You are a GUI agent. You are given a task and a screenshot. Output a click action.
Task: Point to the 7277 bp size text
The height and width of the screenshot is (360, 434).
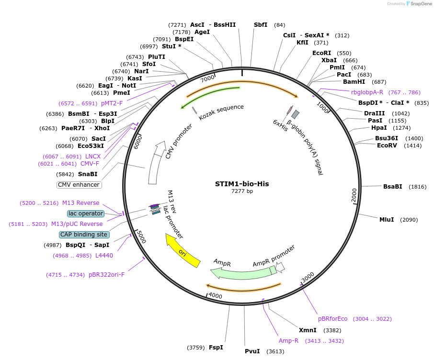[x=242, y=191]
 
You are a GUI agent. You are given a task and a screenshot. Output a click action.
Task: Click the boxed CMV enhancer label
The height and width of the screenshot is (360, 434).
[x=79, y=185]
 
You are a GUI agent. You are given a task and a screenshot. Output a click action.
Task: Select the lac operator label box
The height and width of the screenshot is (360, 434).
[x=86, y=214]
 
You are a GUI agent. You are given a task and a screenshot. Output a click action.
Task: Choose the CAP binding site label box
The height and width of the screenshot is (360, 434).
[x=84, y=235]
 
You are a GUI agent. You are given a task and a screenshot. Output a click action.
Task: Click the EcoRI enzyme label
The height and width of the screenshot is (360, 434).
[x=321, y=53]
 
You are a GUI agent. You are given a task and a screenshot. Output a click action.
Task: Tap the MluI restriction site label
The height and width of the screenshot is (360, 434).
[x=387, y=220]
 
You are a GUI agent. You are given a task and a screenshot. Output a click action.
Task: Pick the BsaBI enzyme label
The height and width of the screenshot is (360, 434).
[x=392, y=187]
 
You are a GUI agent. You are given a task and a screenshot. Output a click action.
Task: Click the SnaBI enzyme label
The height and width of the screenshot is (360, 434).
[x=88, y=174]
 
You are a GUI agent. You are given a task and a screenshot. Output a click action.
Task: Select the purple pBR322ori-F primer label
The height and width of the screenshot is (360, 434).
[x=106, y=275]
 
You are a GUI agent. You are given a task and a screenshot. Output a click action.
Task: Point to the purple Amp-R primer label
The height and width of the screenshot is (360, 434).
[x=288, y=341]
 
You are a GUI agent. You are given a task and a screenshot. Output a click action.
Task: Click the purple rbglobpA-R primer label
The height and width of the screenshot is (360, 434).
[x=367, y=92]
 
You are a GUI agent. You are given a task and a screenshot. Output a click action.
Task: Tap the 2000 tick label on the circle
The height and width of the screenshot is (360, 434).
[x=354, y=195]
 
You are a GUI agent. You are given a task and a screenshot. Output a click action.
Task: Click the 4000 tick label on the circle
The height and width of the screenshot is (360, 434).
[x=215, y=296]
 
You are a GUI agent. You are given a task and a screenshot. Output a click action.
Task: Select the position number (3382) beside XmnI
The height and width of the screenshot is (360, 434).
[x=332, y=330]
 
